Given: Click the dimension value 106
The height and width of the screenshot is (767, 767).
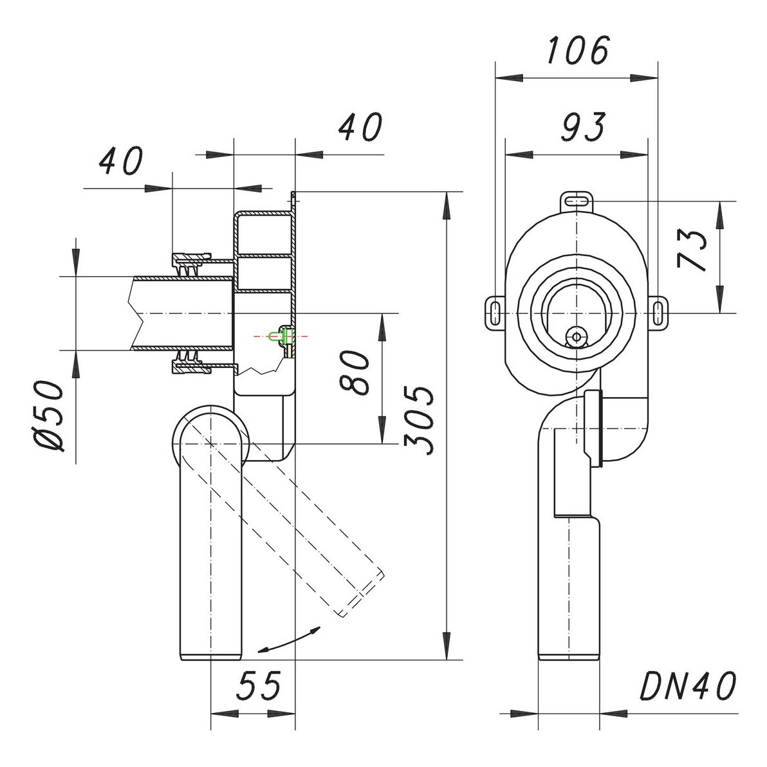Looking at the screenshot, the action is pos(578,50).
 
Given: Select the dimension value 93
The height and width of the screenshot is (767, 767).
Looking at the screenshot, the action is pos(582,127).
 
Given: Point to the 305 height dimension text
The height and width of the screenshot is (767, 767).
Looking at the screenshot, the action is pos(418,420).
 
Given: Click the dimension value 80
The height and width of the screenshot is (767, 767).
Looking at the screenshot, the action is pos(355,372).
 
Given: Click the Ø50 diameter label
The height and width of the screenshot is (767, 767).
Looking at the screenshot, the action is pos(49,416).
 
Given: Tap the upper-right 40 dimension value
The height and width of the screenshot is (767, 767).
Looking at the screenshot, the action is pos(361,127).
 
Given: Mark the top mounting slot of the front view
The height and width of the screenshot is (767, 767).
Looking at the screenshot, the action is pos(577,201).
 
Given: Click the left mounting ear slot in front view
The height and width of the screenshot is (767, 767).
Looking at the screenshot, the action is pos(495,312).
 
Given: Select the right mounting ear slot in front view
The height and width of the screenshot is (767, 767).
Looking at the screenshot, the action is pos(658,312).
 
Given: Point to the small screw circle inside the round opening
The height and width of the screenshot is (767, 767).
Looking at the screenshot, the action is pos(577,337).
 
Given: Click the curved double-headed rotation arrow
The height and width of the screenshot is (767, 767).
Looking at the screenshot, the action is pos(289,640).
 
